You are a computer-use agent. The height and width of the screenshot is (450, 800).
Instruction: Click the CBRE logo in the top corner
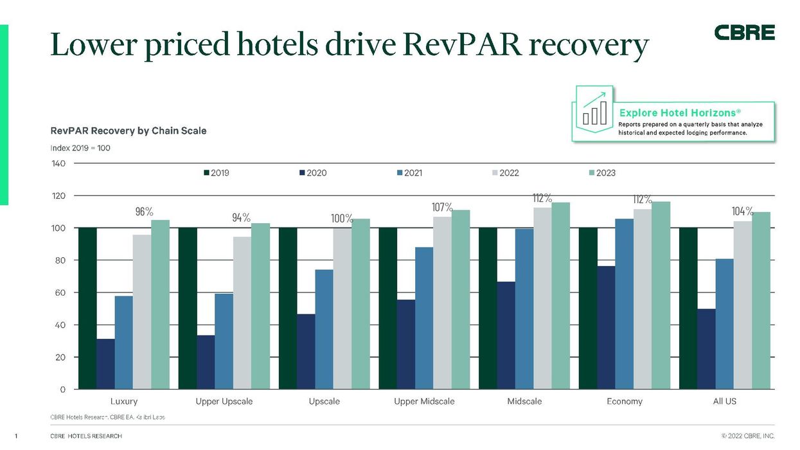pyautogui.click(x=744, y=33)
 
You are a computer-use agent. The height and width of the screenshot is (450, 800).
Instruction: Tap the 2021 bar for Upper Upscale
pyautogui.click(x=224, y=341)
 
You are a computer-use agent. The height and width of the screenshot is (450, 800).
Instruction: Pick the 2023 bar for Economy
pyautogui.click(x=661, y=296)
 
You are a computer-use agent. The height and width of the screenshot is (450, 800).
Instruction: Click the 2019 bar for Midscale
pyautogui.click(x=488, y=308)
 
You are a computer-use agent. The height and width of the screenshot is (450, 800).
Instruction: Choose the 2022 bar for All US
pyautogui.click(x=743, y=305)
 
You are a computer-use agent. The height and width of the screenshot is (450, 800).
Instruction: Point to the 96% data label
pyautogui.click(x=143, y=212)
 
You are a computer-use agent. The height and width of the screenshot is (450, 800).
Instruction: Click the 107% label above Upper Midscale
pyautogui.click(x=442, y=208)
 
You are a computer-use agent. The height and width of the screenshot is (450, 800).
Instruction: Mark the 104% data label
pyautogui.click(x=742, y=212)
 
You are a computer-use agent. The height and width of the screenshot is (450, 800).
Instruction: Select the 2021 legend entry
pyautogui.click(x=409, y=173)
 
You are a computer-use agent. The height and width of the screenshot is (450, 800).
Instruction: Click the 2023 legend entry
pyautogui.click(x=601, y=173)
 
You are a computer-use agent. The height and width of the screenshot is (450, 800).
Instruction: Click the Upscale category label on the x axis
pyautogui.click(x=324, y=401)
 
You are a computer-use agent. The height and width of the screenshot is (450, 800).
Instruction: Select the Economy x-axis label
pyautogui.click(x=624, y=401)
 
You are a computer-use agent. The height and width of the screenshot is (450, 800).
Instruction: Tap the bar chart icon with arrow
pyautogui.click(x=594, y=111)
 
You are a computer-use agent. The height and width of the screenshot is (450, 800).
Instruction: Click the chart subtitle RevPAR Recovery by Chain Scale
pyautogui.click(x=129, y=130)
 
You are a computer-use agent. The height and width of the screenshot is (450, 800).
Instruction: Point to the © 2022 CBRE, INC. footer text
pyautogui.click(x=749, y=437)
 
